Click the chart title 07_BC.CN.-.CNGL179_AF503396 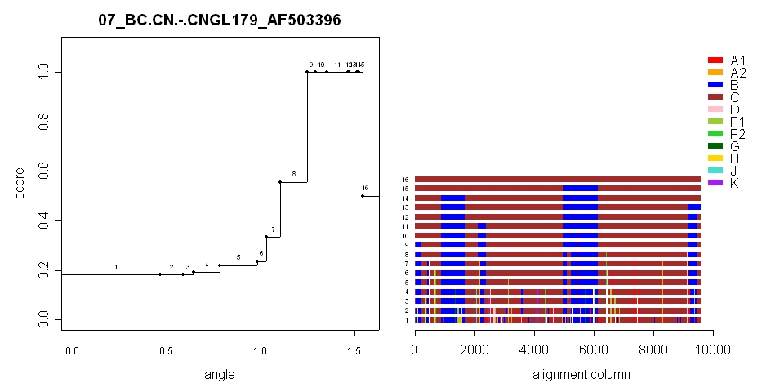click(220, 20)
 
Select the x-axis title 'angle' click(220, 375)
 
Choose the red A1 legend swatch click(715, 60)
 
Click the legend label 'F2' click(738, 134)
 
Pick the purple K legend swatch click(715, 183)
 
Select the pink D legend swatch click(715, 109)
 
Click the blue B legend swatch click(715, 85)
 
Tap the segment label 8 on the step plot click(294, 174)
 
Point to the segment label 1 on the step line click(116, 267)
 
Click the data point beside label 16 click(363, 196)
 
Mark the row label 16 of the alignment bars click(405, 179)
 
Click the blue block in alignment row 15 click(581, 189)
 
